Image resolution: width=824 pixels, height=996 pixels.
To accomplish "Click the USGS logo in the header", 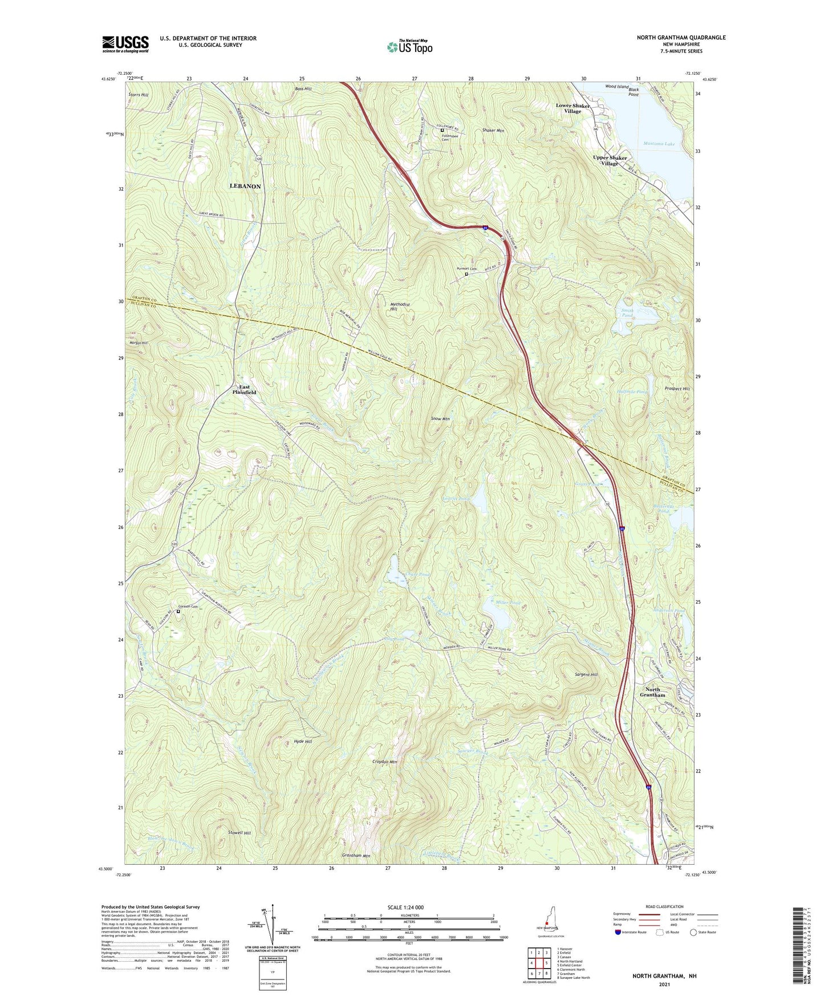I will (x=125, y=44).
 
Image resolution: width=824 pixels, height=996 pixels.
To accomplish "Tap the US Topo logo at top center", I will (x=409, y=47).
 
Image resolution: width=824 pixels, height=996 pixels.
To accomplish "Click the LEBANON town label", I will (x=245, y=187).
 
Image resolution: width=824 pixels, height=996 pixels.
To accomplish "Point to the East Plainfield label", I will (x=244, y=390).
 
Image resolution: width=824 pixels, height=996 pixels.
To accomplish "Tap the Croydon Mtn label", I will (x=384, y=762).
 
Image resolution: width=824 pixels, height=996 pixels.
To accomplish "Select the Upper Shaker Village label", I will (x=610, y=160).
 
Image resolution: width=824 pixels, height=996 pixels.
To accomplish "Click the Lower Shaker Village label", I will (x=573, y=108).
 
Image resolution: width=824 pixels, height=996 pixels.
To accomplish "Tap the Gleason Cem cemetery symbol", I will (x=178, y=612).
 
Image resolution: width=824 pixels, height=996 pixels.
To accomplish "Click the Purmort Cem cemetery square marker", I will (x=466, y=274).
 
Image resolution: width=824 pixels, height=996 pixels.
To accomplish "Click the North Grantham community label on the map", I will (x=652, y=692).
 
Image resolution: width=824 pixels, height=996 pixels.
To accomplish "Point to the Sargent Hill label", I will (x=586, y=675).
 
